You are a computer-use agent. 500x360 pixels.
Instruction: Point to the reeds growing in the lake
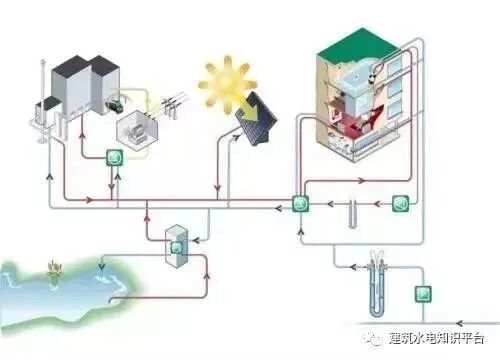49,269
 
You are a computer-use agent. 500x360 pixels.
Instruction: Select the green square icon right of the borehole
425,294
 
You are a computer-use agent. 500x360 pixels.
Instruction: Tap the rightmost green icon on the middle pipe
400,203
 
